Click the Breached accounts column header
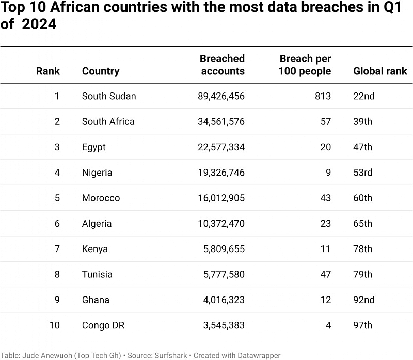click(222, 65)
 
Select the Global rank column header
click(380, 71)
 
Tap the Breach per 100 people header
click(305, 65)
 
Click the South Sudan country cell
click(109, 96)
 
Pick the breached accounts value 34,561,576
click(221, 121)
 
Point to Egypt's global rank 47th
click(362, 147)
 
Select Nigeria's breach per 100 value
click(328, 173)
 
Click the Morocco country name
click(101, 198)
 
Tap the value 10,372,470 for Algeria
click(221, 224)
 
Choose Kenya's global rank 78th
click(362, 249)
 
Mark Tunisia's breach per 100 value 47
click(325, 274)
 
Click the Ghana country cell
click(95, 300)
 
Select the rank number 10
click(54, 325)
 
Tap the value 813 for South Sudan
click(323, 96)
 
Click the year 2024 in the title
click(39, 25)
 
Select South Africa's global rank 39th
click(362, 121)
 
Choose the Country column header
click(101, 71)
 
